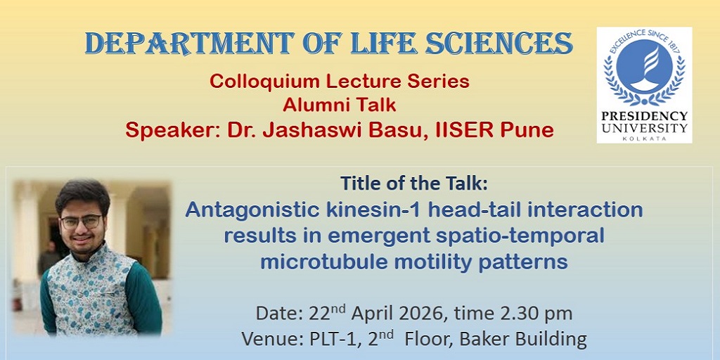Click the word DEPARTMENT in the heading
(189, 44)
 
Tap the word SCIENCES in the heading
(499, 44)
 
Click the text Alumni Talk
(340, 105)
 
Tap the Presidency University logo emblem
(644, 67)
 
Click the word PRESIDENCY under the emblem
(644, 116)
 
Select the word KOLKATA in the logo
(644, 139)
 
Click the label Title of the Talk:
(413, 184)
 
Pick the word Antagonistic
(250, 210)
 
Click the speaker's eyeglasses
(81, 222)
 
